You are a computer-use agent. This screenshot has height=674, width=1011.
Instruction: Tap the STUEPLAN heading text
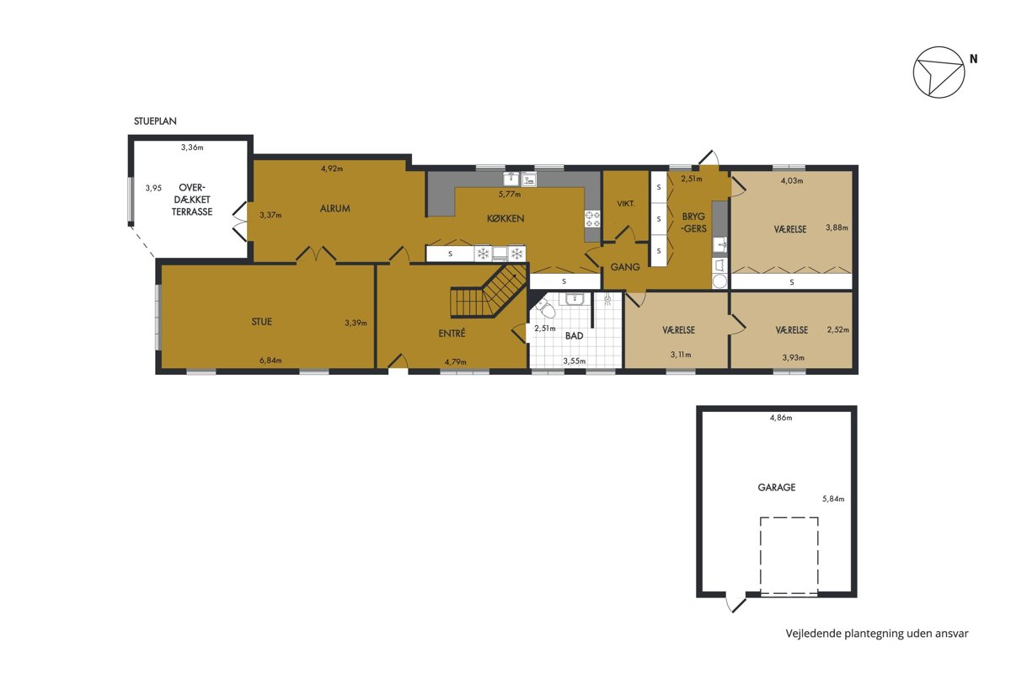[155, 121]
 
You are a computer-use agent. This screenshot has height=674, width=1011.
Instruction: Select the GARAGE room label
[776, 487]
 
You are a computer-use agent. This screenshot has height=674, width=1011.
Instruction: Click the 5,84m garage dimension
[833, 499]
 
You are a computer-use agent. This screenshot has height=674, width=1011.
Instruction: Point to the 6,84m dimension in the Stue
[270, 361]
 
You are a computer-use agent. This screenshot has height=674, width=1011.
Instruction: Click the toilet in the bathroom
[545, 308]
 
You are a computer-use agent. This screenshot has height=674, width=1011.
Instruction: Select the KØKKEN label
[505, 218]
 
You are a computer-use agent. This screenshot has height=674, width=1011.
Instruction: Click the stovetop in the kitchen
[592, 219]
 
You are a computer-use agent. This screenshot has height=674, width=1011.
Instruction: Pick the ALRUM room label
[335, 208]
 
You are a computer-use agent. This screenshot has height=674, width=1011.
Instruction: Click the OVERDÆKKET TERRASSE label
[192, 200]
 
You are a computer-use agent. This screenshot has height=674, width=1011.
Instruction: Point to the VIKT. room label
[625, 204]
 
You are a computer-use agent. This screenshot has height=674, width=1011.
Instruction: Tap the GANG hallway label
[625, 267]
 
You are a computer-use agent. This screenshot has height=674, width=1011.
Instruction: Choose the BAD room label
[574, 336]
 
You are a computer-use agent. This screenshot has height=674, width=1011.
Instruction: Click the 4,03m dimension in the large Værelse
[792, 180]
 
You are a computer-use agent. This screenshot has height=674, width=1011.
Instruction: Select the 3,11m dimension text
[681, 355]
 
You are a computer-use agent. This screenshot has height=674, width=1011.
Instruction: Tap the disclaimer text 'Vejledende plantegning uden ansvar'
[877, 634]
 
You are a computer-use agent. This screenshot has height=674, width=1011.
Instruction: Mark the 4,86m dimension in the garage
[781, 418]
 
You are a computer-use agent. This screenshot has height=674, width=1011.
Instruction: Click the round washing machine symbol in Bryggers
[719, 281]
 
